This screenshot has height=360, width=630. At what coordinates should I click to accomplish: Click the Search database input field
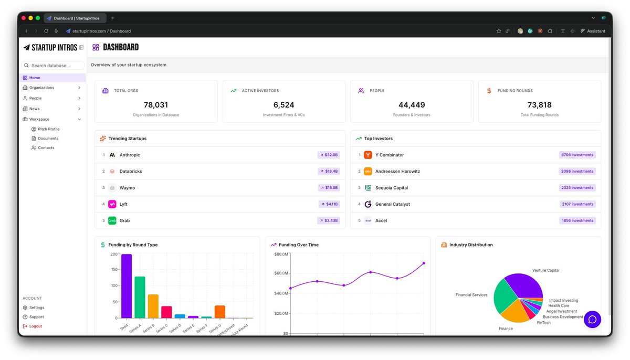click(x=53, y=66)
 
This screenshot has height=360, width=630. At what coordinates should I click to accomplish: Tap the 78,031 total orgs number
click(x=156, y=105)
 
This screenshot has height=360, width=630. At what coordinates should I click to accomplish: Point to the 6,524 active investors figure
click(x=283, y=105)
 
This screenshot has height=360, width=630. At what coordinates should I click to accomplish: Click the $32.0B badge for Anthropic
click(x=329, y=155)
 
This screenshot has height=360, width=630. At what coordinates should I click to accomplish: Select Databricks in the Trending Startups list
click(x=131, y=171)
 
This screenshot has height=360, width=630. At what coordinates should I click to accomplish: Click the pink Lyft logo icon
click(x=112, y=204)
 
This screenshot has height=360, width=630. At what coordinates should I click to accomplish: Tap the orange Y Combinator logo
click(x=368, y=155)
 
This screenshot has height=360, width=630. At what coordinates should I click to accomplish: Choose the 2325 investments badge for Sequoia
click(x=577, y=188)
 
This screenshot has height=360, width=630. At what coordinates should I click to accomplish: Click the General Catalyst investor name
click(x=392, y=204)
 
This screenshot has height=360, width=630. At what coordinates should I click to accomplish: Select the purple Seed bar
click(x=127, y=286)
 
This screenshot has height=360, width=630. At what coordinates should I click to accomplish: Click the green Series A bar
click(x=140, y=298)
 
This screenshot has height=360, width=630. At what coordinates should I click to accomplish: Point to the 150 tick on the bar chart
click(x=114, y=269)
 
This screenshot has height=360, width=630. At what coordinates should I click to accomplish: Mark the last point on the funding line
click(x=424, y=263)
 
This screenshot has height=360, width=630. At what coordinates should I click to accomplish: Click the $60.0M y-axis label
click(x=281, y=273)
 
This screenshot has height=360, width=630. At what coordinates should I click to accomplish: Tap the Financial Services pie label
click(x=471, y=295)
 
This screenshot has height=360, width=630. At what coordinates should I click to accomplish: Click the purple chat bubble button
click(x=592, y=320)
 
